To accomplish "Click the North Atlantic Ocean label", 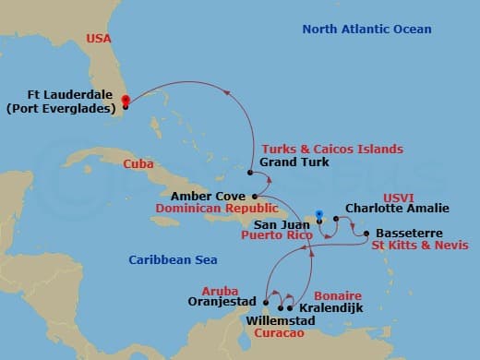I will point(366,30).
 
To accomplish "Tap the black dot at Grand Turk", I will point(251,172).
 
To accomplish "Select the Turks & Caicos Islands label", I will point(331,149).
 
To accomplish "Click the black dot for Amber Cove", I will point(255,197).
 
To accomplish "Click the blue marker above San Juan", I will point(318,215).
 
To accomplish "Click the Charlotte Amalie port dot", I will point(336,220).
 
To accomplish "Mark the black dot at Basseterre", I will point(366,234).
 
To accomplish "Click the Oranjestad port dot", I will point(266,302).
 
